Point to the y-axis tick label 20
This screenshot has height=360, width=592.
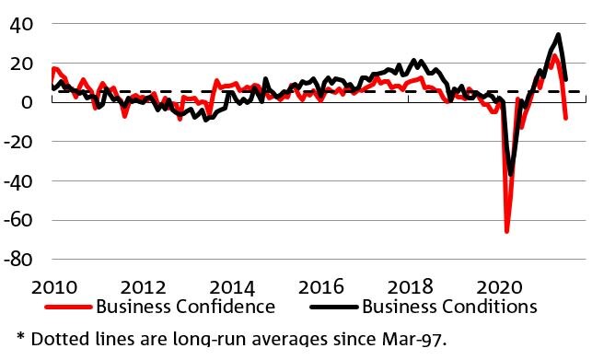pos(21,63)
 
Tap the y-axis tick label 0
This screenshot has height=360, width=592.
pos(27,102)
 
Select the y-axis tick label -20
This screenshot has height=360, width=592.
pos(17,142)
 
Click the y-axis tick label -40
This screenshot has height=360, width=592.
pos(17,181)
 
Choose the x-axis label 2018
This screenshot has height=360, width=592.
pos(410,284)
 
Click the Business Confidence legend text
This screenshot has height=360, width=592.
pos(185,306)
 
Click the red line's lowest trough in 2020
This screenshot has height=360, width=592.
pos(506,231)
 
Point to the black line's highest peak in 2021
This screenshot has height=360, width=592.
pos(559,35)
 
